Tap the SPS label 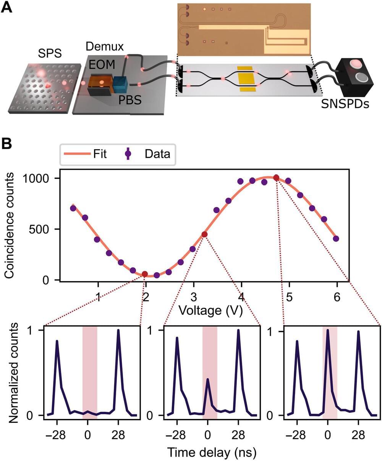[x=50, y=54]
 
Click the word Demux [x=105, y=47]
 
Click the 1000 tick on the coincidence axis [x=41, y=178]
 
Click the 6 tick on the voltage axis [x=337, y=297]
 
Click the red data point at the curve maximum [x=276, y=178]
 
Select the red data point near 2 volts [x=145, y=274]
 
